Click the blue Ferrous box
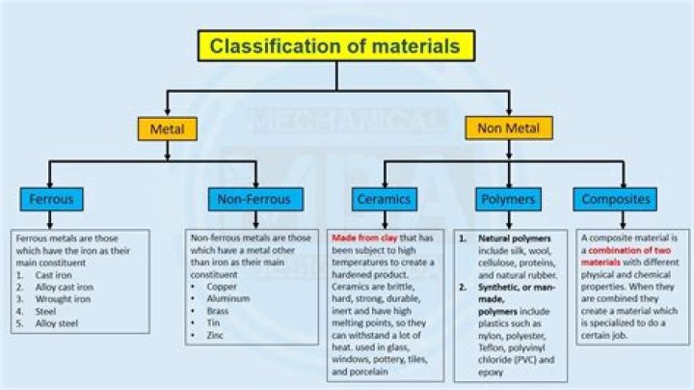(x=50, y=200)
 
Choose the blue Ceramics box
(x=384, y=200)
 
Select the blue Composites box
(x=616, y=200)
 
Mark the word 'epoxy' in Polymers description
(x=494, y=370)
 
